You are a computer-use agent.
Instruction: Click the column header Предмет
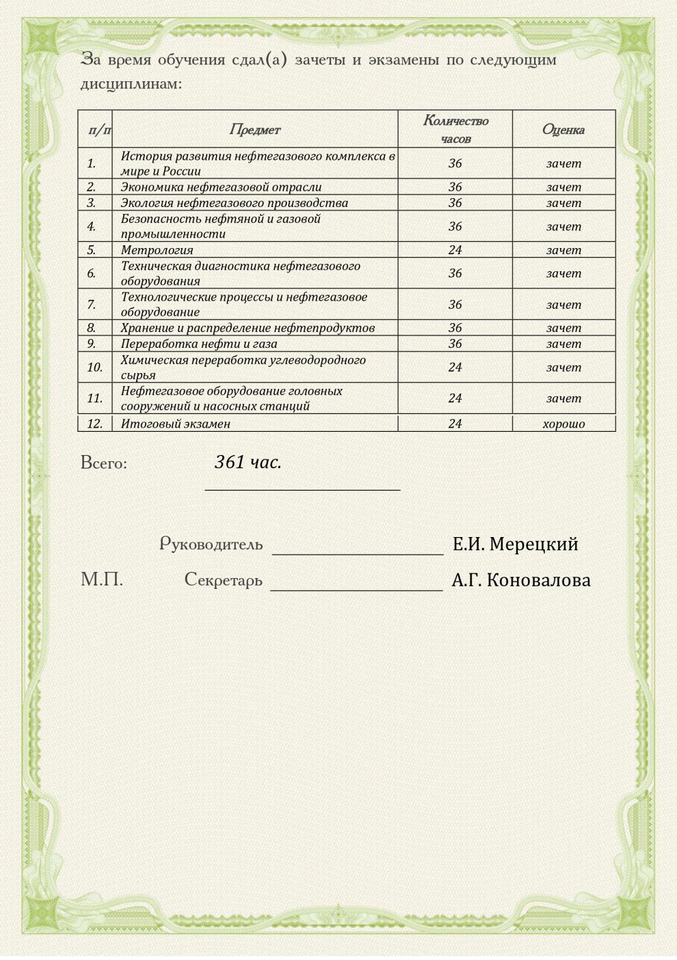point(254,129)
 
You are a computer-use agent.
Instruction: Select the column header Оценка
point(563,129)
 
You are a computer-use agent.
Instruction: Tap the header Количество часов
point(455,129)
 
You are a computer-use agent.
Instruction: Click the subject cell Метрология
point(157,250)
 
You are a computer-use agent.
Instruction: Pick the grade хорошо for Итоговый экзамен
point(563,424)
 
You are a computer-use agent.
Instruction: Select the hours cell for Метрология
point(455,250)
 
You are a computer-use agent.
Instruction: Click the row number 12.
point(94,424)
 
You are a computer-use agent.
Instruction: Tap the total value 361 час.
point(248,463)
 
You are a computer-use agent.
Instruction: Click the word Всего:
point(104,463)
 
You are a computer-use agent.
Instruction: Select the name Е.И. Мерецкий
point(515,545)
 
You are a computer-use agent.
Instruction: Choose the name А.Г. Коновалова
point(520,580)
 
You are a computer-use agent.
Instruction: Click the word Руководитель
point(211,545)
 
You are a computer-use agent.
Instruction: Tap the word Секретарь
point(223,580)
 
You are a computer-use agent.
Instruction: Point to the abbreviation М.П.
point(102,580)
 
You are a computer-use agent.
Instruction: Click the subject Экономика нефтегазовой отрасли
point(221,187)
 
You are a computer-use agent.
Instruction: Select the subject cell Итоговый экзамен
point(176,424)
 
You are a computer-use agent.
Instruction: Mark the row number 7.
point(91,305)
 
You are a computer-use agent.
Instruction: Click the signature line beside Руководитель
point(358,552)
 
